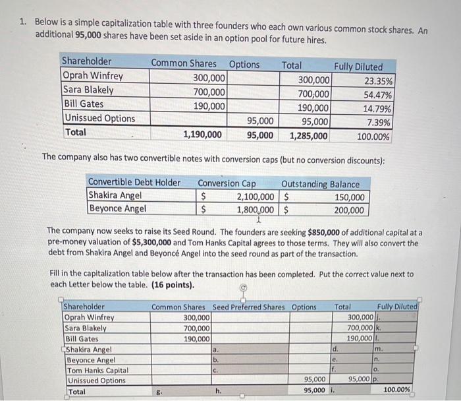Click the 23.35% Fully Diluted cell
[x=378, y=82]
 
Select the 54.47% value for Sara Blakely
[x=378, y=95]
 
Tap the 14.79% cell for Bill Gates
[x=378, y=109]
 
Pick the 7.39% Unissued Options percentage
[x=381, y=123]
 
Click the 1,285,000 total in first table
[x=308, y=137]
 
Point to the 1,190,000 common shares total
[x=202, y=135]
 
